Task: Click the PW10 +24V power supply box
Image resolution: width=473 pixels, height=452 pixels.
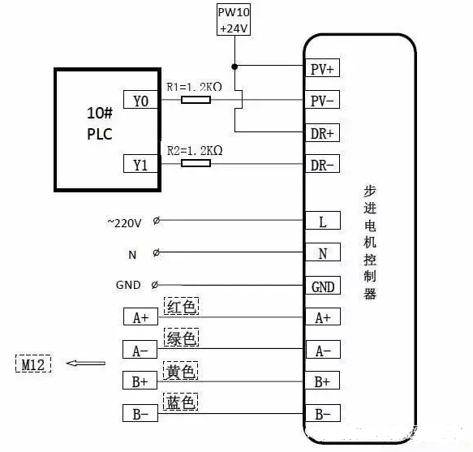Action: pos(234,19)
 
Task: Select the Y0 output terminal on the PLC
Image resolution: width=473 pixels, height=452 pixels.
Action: pos(140,100)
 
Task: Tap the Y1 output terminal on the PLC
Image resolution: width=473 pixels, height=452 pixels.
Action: pos(140,164)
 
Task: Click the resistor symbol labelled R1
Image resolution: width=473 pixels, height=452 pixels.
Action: pos(196,100)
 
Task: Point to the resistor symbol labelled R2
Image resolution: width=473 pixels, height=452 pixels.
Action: pos(196,164)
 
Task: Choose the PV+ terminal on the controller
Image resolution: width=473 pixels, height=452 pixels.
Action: pos(322,69)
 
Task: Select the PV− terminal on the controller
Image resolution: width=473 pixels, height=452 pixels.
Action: pos(322,101)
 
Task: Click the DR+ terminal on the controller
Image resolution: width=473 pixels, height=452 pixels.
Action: pos(322,132)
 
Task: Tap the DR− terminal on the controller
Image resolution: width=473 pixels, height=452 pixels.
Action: pos(322,165)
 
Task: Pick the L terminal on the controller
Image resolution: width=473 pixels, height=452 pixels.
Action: pos(322,222)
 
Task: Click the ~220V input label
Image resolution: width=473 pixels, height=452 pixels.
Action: pos(124,222)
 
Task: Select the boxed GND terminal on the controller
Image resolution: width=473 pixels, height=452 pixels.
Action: pos(322,286)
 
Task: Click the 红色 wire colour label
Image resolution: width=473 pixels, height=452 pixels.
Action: pos(182,307)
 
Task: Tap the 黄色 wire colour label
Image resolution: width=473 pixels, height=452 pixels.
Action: pos(182,371)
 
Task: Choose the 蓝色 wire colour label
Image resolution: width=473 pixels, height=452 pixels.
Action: pos(182,402)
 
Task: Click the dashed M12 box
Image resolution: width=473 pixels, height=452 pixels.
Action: pos(32,364)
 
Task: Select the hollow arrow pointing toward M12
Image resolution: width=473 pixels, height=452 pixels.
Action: pos(85,364)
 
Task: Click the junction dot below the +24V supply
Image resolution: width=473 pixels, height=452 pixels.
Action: pos(234,67)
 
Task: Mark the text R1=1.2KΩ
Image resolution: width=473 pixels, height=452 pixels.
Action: pos(195,87)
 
